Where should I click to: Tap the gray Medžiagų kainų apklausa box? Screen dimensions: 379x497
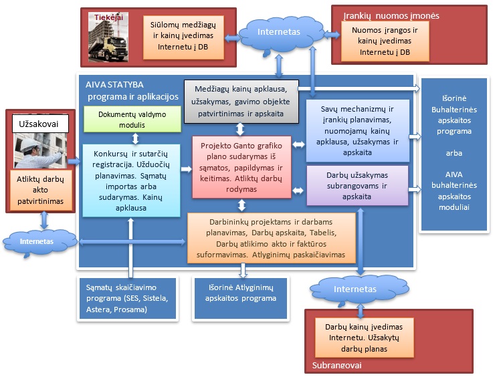point(240,101)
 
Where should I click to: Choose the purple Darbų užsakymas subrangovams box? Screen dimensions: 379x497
point(357,185)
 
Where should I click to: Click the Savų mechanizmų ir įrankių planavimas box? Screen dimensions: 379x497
point(357,131)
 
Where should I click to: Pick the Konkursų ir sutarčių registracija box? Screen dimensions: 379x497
point(131,180)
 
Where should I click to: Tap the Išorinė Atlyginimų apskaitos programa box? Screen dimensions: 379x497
point(240,291)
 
